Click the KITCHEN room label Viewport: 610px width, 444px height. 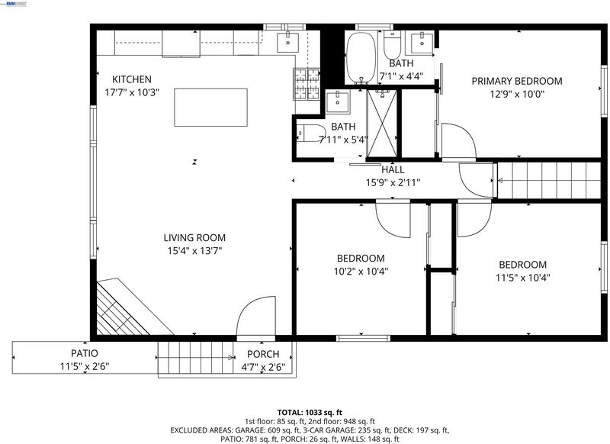[x=132, y=79]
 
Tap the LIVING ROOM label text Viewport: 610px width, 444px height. [x=194, y=238]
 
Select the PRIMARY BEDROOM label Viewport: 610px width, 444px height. [x=517, y=81]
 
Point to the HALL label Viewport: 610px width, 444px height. [x=393, y=169]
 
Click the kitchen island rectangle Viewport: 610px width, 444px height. [x=211, y=108]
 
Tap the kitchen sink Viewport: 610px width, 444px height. [x=288, y=43]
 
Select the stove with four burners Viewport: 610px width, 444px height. [x=307, y=84]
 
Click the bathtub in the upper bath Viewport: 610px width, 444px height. [x=361, y=57]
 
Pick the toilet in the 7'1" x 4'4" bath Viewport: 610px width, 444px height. [x=392, y=45]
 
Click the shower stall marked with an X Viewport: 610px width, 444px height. [x=382, y=124]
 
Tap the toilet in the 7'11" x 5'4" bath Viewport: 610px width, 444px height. [x=311, y=133]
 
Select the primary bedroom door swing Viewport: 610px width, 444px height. [x=459, y=141]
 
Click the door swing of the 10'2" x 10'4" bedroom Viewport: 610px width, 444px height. [x=393, y=219]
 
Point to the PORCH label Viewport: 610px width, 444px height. [x=263, y=354]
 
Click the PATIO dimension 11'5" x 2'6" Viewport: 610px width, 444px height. [x=85, y=366]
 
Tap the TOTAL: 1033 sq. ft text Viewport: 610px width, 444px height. [x=310, y=413]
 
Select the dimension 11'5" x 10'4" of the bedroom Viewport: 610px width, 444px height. [x=522, y=278]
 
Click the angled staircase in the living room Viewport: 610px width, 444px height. [x=128, y=307]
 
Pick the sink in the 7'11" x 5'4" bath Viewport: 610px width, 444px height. [x=337, y=101]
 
